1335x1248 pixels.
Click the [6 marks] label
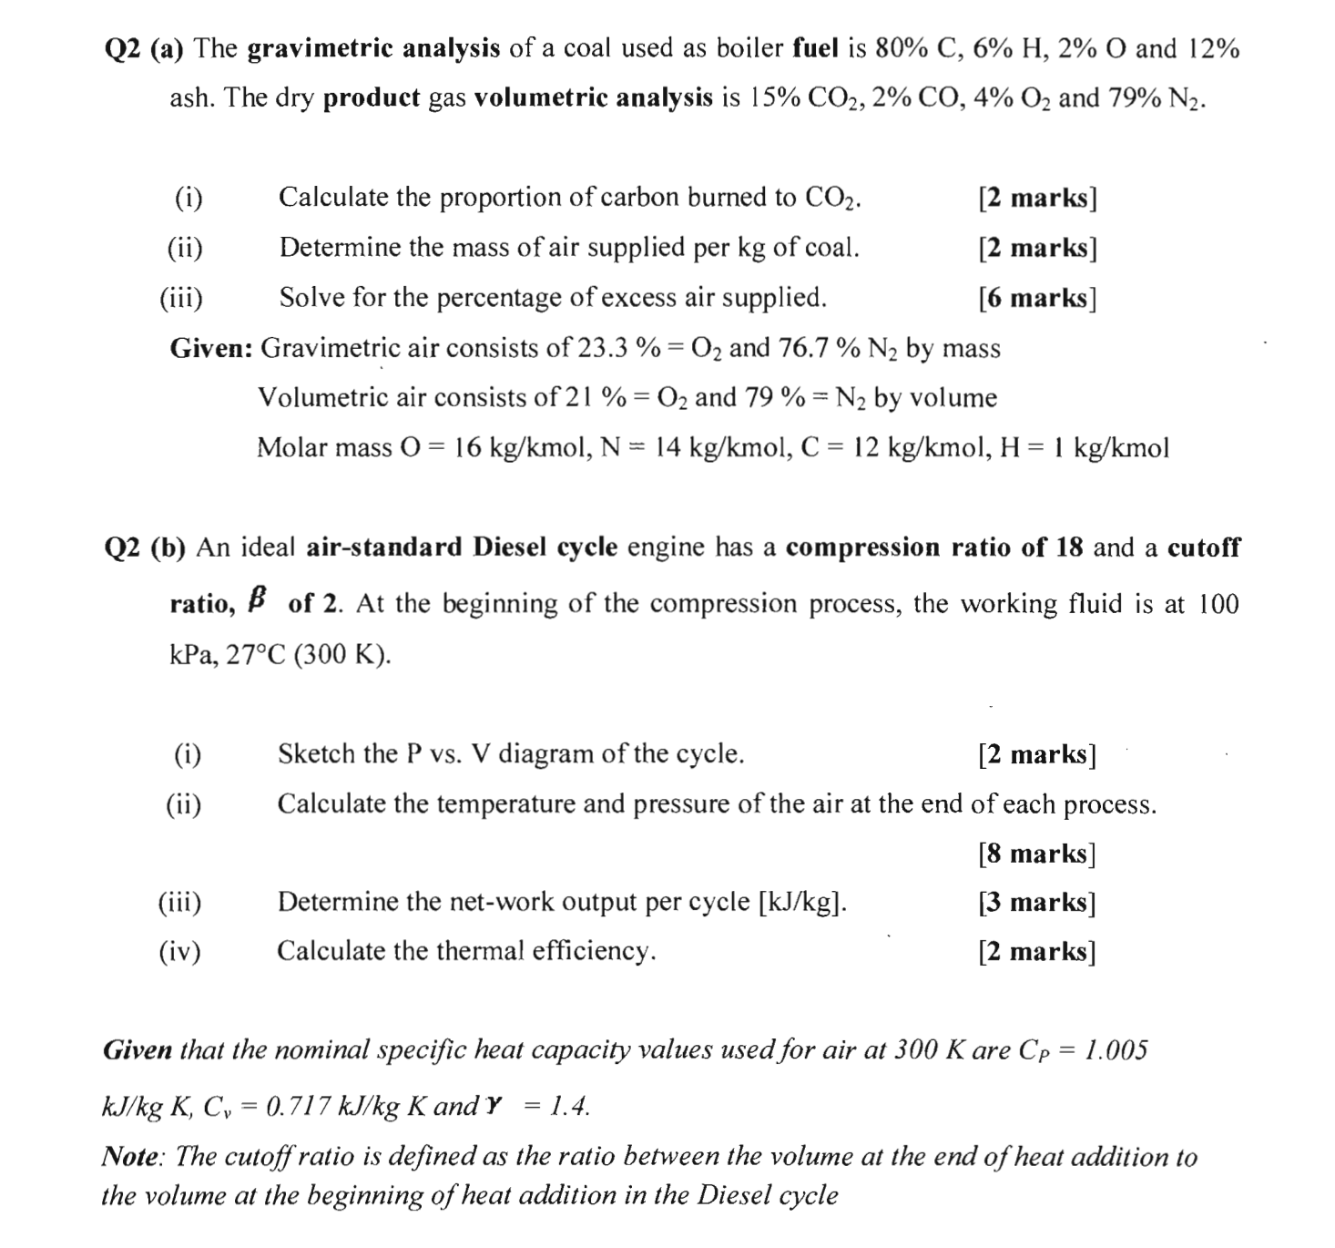[1037, 298]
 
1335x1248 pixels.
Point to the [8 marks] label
[1037, 854]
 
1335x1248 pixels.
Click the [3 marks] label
[1037, 903]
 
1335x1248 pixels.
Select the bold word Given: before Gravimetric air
[211, 348]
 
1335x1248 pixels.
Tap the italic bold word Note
[133, 1157]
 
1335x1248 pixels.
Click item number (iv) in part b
[180, 952]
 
